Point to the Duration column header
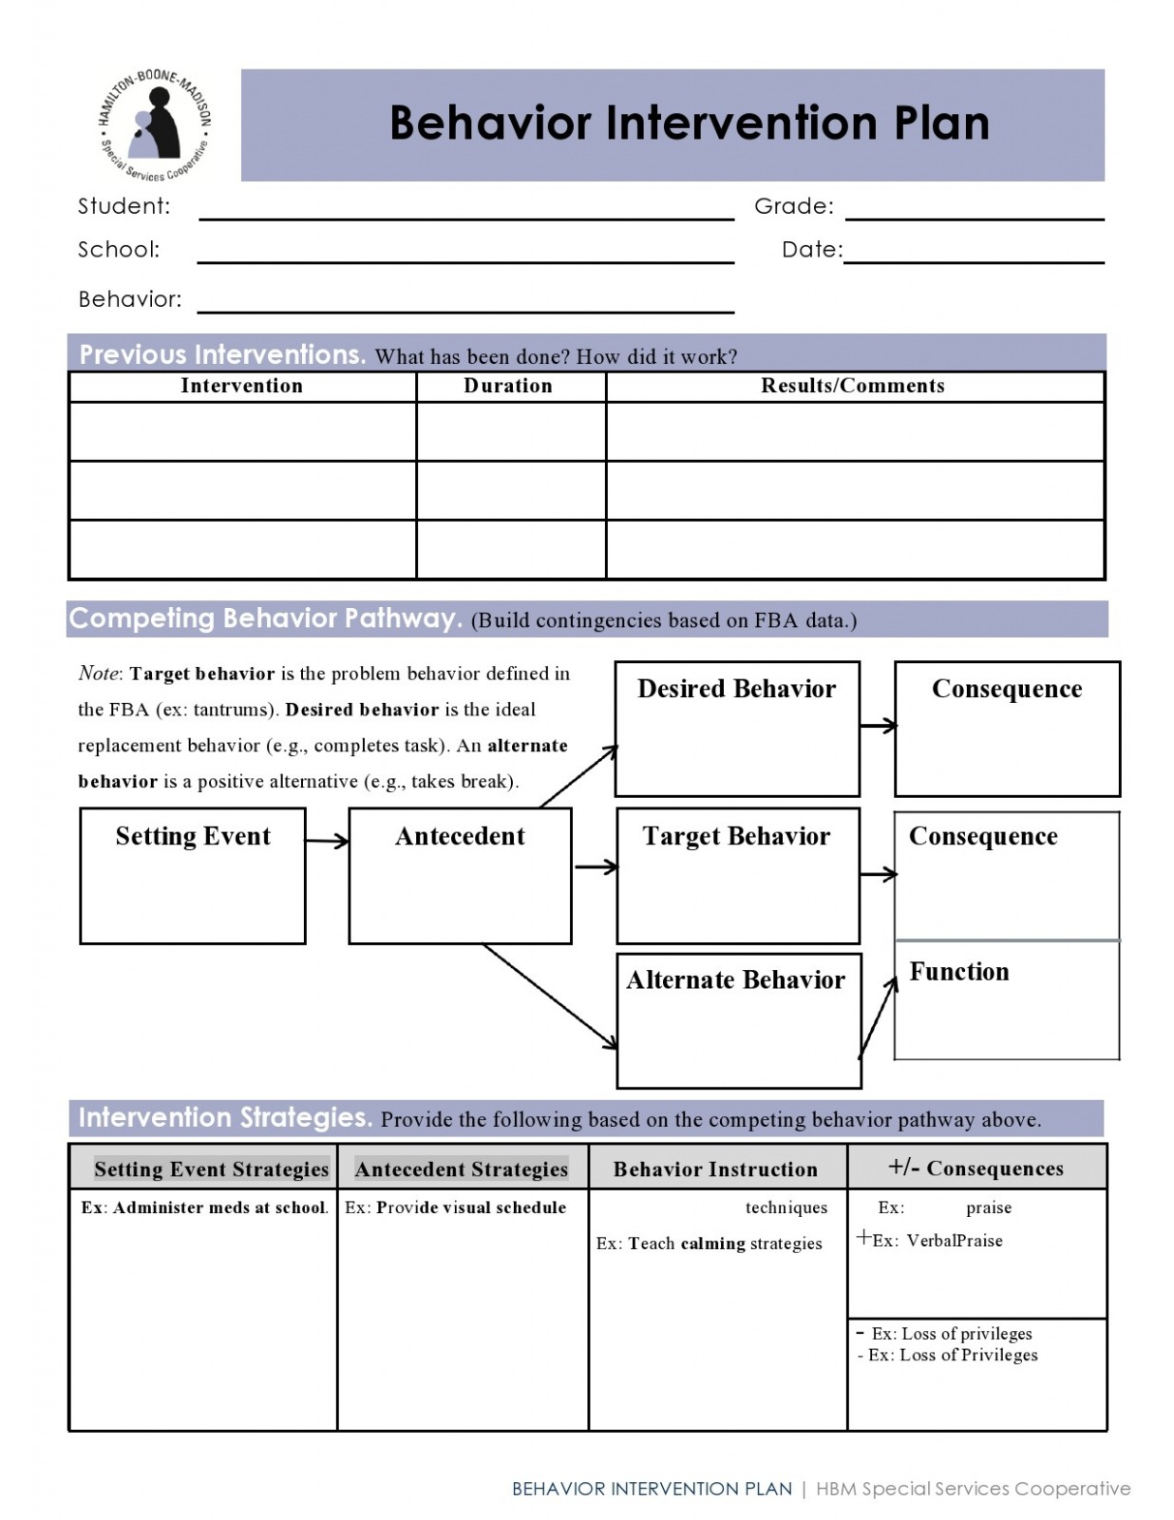508,386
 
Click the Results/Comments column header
853,386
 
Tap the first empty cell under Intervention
242,431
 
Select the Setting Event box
193,875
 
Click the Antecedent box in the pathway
460,875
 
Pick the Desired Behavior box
737,728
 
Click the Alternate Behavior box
738,1020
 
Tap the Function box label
959,972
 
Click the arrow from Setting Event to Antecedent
327,841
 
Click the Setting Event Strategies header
211,1169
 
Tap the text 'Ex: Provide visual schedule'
455,1207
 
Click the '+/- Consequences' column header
975,1168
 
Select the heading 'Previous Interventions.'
222,354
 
